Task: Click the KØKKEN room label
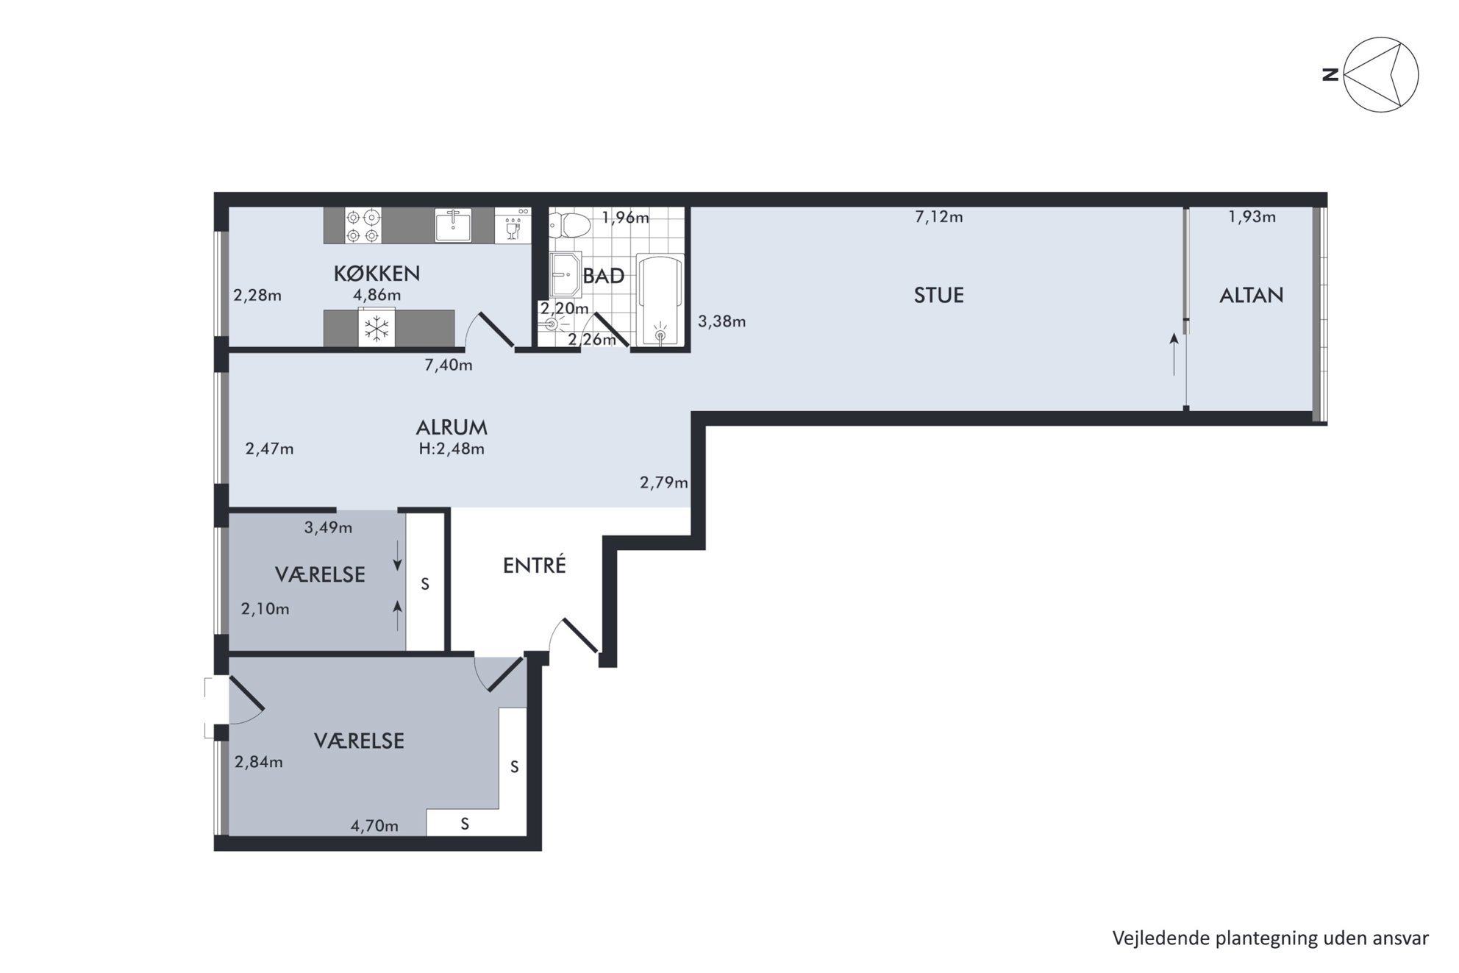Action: [377, 274]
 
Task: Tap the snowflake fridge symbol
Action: [377, 328]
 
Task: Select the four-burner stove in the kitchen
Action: [363, 226]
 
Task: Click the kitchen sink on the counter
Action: [453, 225]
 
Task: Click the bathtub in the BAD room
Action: [660, 299]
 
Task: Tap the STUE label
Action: [938, 296]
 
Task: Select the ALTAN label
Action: [1251, 296]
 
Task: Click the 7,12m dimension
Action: [938, 217]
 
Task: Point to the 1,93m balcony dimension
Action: [1252, 217]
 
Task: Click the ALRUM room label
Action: [452, 427]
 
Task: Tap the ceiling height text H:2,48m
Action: [452, 449]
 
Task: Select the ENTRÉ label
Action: [535, 565]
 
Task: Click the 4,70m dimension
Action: [374, 826]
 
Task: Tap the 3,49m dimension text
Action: [328, 527]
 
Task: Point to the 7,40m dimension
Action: [448, 365]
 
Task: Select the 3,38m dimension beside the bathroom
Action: [721, 321]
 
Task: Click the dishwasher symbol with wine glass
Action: [513, 225]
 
